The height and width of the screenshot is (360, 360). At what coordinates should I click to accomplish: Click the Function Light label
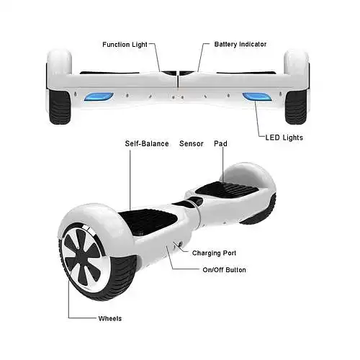point(125,45)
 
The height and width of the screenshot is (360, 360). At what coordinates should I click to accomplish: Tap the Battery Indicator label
point(240,44)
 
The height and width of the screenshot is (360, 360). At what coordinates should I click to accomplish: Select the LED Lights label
point(284,138)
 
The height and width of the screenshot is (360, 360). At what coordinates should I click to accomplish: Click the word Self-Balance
point(147,143)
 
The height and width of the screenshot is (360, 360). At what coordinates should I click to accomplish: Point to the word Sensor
point(192,143)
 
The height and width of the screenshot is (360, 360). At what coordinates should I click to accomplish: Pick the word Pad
point(220,143)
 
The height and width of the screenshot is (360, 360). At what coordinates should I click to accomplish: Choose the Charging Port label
point(214,253)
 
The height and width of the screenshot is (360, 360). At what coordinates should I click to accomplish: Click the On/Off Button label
point(224,270)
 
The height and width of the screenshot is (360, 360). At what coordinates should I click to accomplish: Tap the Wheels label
point(110,318)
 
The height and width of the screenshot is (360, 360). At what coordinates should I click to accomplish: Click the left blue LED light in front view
point(99,96)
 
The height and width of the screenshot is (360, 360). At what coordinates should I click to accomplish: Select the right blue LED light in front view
point(257,96)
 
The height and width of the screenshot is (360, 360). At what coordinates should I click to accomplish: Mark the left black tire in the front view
point(60,107)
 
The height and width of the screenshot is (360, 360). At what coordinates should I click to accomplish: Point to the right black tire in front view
point(296,107)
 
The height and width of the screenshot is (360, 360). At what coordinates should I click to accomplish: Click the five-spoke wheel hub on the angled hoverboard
point(83,256)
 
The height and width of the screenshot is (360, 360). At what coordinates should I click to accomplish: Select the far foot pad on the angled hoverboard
point(227,189)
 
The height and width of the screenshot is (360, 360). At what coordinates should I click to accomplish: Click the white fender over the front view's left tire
point(59,62)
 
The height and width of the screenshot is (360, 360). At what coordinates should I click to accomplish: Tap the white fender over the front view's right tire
point(296,62)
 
